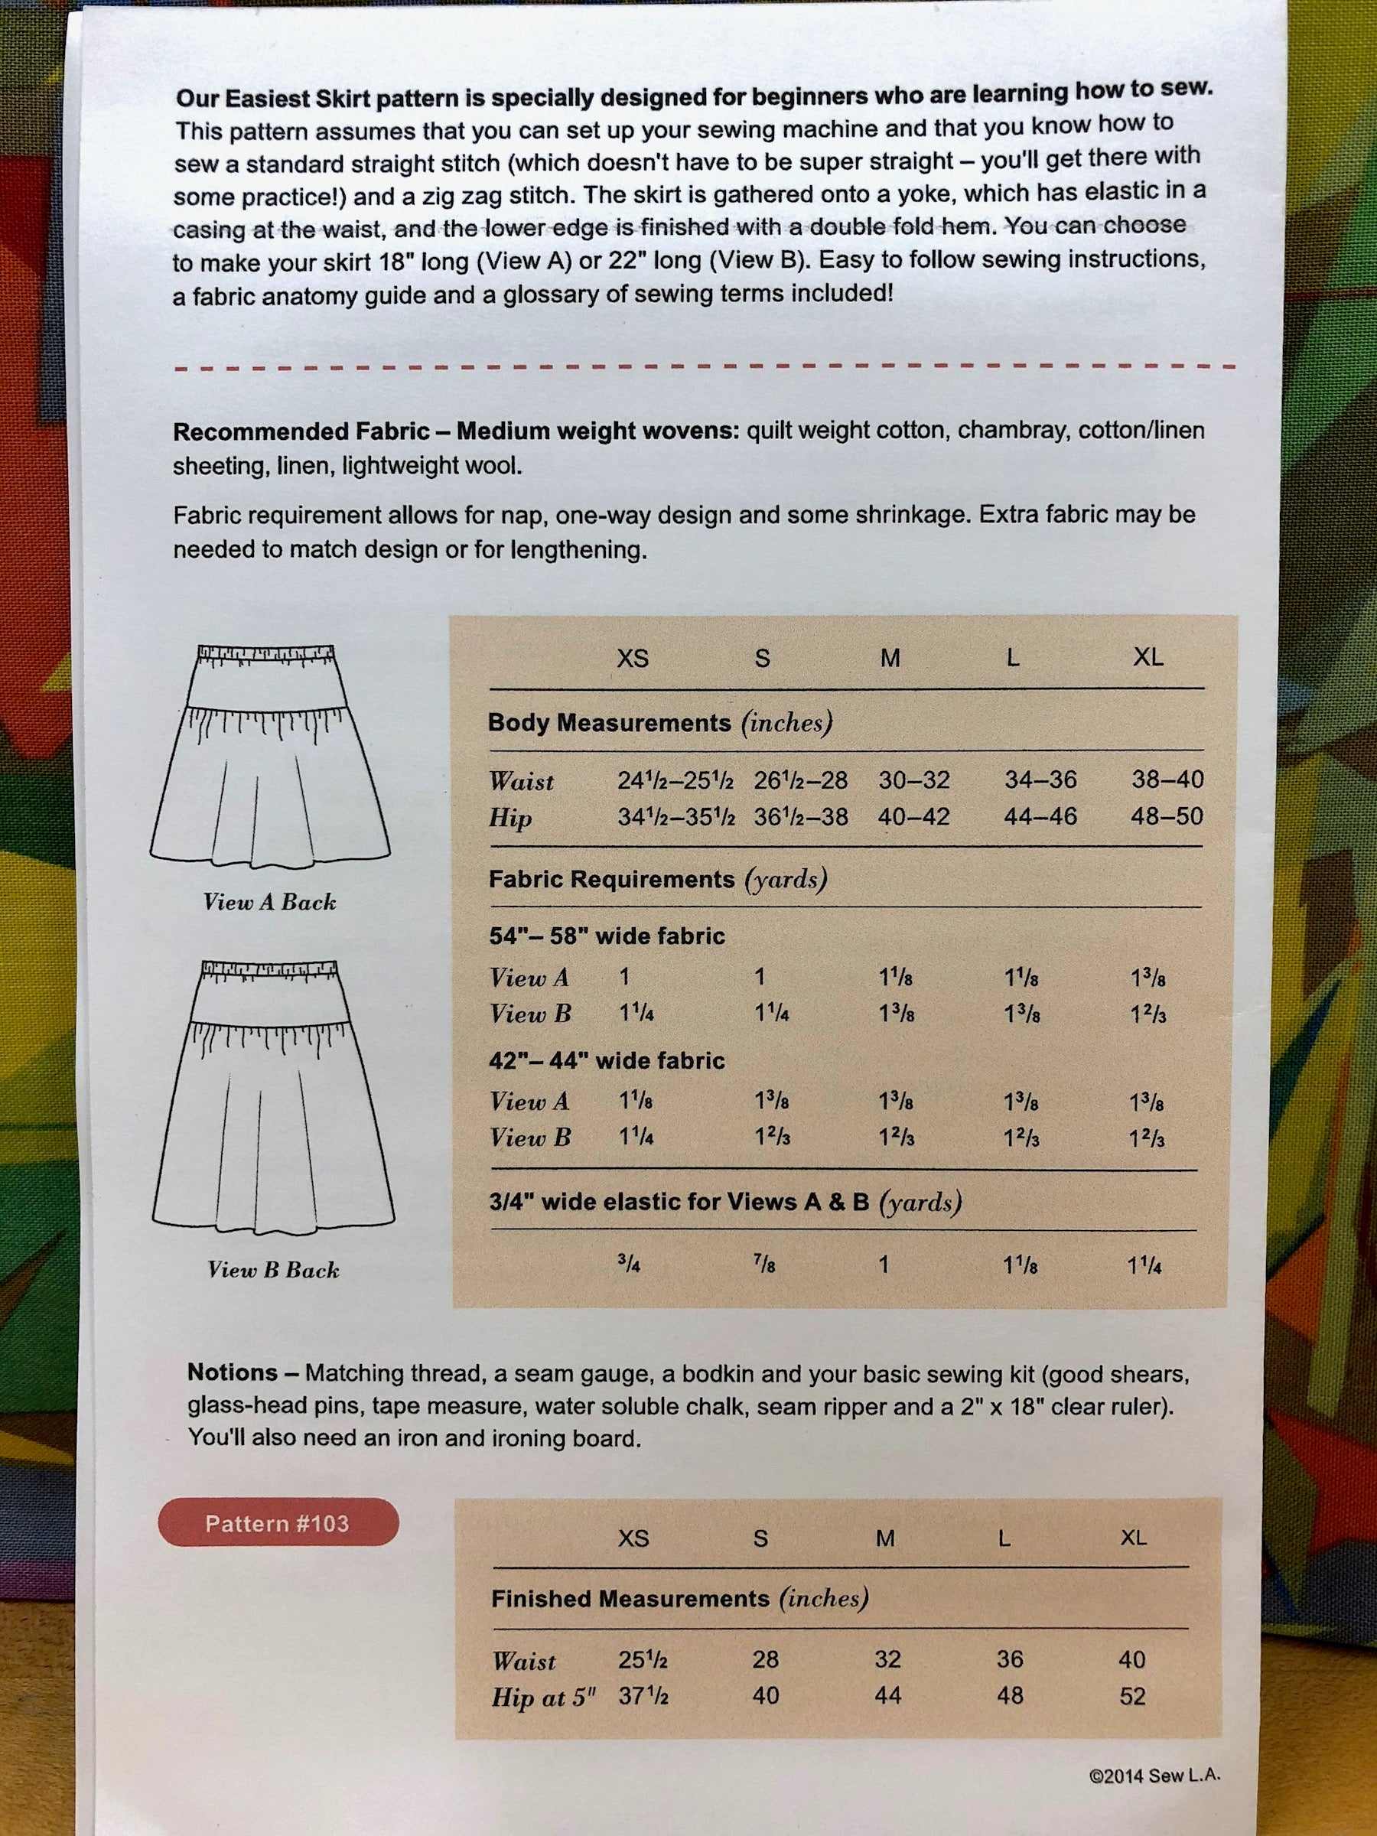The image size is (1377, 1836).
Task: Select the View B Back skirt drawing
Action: pos(272,1096)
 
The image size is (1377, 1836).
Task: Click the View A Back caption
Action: pos(270,902)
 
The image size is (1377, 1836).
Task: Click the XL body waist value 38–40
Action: pos(1167,780)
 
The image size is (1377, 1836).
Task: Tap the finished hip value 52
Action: pos(1132,1696)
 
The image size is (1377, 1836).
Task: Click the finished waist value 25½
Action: pos(643,1659)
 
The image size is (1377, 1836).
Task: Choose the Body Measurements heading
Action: pos(609,722)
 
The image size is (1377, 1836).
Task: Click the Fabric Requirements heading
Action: pos(612,879)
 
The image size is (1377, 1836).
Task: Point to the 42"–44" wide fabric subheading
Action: pos(606,1061)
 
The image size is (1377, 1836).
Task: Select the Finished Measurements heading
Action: pos(631,1600)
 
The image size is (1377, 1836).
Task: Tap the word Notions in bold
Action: pos(232,1373)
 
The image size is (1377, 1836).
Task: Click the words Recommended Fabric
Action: pos(301,431)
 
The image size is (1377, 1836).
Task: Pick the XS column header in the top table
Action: pos(633,659)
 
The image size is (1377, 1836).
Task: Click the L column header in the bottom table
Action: pos(1004,1538)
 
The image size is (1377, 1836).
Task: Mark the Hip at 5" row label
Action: pos(544,1698)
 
